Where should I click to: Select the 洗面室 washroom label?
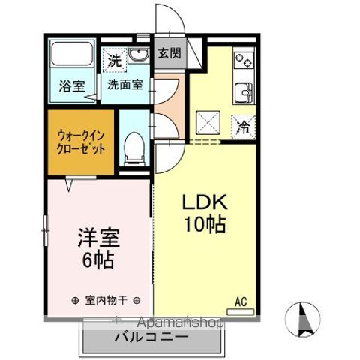[124, 84]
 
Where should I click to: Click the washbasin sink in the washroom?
[139, 56]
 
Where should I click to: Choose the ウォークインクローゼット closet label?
[80, 142]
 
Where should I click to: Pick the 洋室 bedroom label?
[99, 241]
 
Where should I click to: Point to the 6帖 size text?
[99, 262]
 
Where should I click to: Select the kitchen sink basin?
[244, 94]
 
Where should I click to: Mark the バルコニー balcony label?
[151, 337]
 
